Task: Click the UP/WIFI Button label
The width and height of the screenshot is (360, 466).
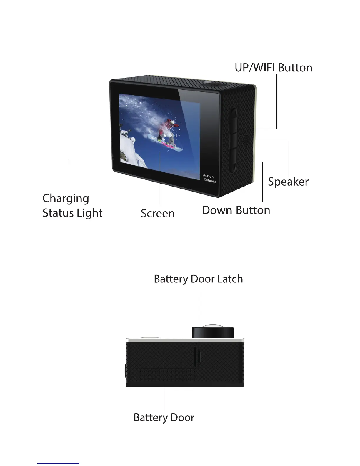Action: pyautogui.click(x=273, y=68)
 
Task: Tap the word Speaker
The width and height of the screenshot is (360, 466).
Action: pyautogui.click(x=288, y=182)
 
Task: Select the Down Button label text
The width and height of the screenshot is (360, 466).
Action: pyautogui.click(x=236, y=210)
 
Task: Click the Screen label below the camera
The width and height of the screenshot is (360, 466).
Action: pyautogui.click(x=157, y=213)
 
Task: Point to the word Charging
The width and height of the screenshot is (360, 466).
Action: pyautogui.click(x=66, y=199)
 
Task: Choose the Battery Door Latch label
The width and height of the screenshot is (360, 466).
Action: pyautogui.click(x=198, y=279)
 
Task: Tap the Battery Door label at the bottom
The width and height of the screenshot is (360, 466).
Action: pyautogui.click(x=164, y=417)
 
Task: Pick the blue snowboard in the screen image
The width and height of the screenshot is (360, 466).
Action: pyautogui.click(x=165, y=143)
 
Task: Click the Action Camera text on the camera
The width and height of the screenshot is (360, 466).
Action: pyautogui.click(x=209, y=178)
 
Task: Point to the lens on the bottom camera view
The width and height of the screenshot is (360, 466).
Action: pyautogui.click(x=213, y=332)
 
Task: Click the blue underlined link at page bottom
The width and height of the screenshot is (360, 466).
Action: pyautogui.click(x=58, y=463)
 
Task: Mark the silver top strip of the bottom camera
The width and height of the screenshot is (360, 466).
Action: pyautogui.click(x=185, y=340)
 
